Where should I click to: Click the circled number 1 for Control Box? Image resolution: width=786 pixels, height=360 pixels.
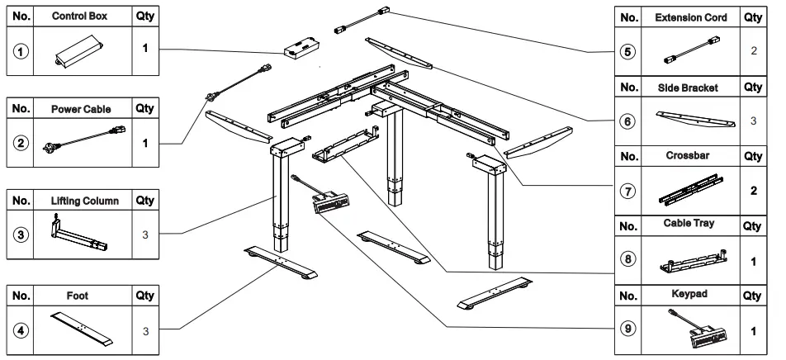[x=20, y=50]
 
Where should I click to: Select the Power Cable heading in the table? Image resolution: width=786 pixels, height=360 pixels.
[x=81, y=108]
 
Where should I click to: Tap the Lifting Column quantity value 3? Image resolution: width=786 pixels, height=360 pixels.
[x=144, y=235]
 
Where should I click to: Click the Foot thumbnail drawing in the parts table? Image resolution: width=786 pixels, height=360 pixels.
[x=82, y=329]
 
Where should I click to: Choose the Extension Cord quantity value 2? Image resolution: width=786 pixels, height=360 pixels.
[x=752, y=51]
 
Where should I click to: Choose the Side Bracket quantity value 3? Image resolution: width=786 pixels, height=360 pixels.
[x=752, y=121]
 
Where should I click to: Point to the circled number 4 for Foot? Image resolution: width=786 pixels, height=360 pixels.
[x=20, y=329]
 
